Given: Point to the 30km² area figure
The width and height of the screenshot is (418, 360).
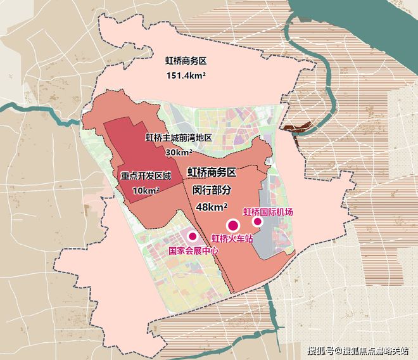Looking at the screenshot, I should [x=179, y=152].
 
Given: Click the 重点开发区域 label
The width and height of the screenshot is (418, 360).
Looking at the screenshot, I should [x=145, y=175].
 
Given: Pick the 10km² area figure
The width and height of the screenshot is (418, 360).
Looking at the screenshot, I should [x=146, y=190].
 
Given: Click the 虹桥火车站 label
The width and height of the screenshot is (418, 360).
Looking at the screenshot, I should [x=232, y=238].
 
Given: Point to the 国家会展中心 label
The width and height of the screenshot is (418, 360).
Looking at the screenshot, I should [x=193, y=250].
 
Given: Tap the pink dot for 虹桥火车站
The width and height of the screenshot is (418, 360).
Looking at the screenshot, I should [x=232, y=224].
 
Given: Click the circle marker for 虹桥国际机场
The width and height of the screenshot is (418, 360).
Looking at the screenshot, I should [x=257, y=222].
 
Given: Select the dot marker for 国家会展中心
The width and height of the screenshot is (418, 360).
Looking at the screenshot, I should [x=193, y=236].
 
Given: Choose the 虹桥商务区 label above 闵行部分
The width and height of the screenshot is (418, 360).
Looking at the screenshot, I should [x=212, y=172].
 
